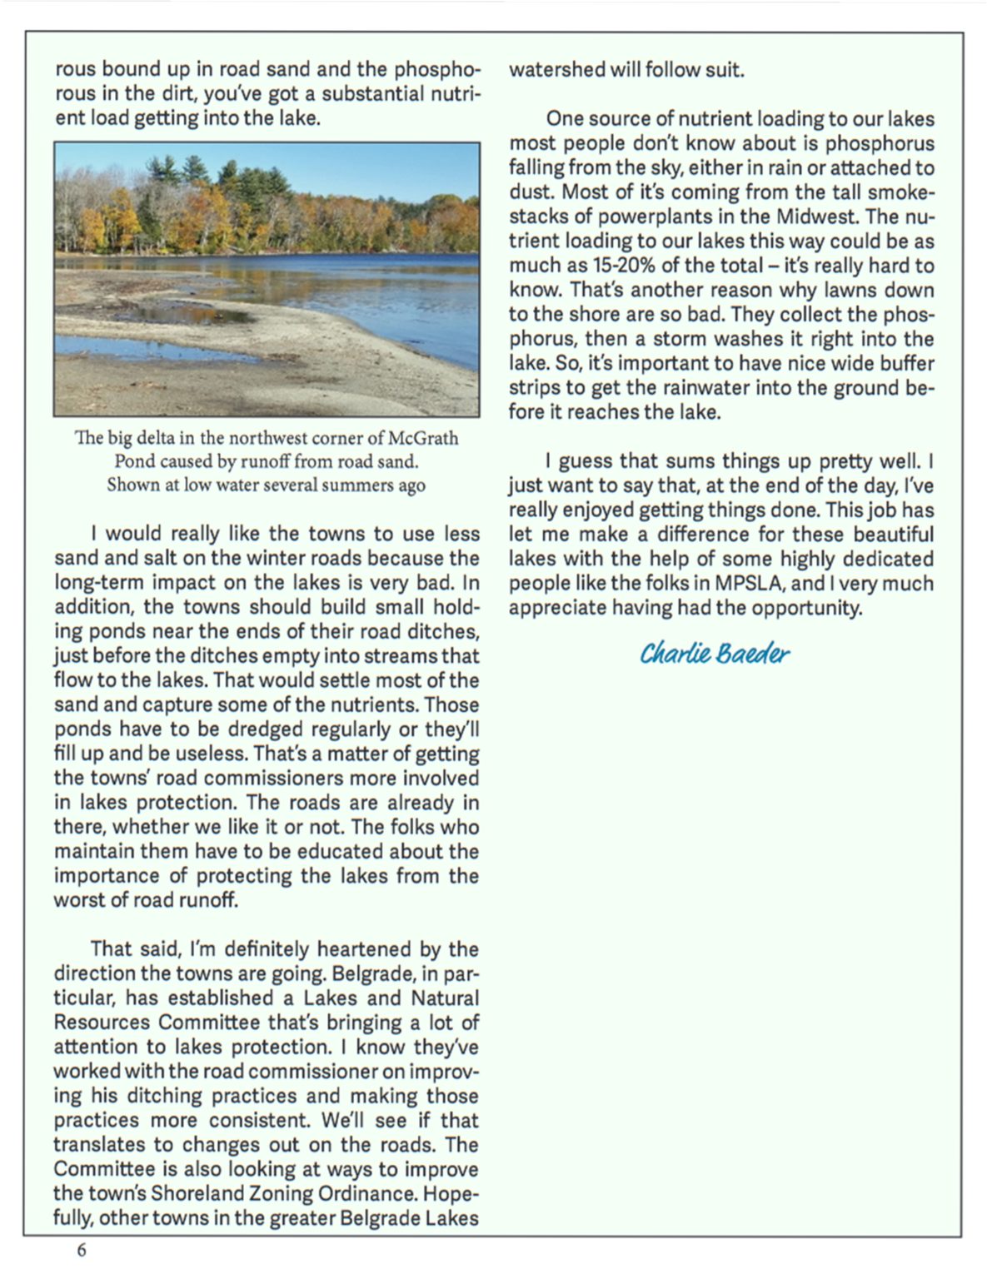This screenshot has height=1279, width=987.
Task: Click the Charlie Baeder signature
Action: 714,654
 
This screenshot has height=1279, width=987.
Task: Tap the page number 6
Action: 81,1250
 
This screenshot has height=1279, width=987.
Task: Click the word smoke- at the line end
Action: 904,192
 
